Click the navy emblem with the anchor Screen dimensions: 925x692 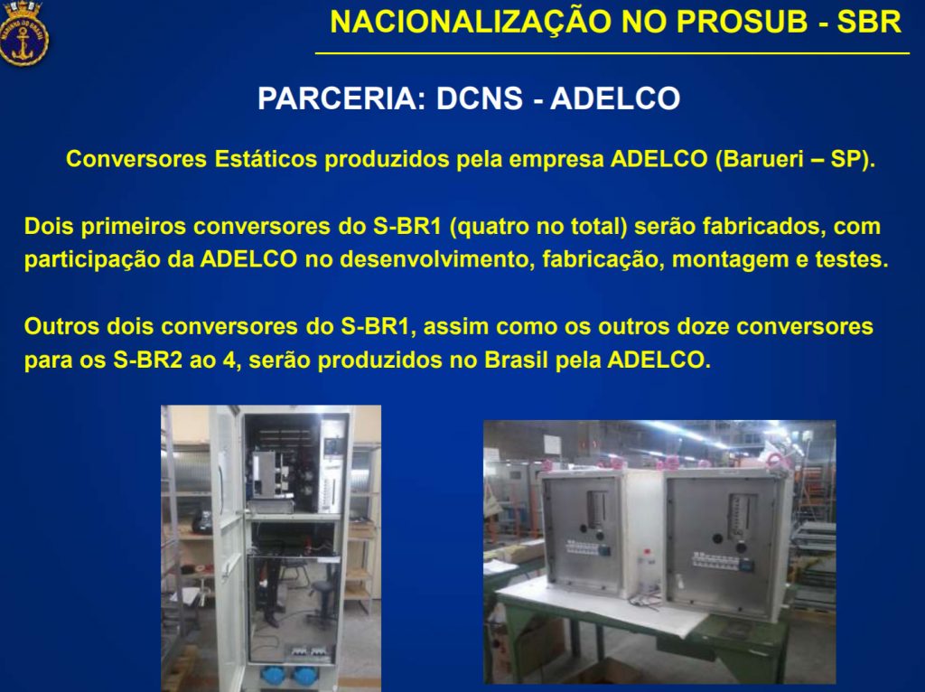23,33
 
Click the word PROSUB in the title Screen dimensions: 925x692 742,23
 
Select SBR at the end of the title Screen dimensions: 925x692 869,23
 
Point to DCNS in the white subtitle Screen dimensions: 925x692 479,98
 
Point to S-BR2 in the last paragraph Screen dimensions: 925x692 147,360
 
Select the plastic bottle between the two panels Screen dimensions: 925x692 647,571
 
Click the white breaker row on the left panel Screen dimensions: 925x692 583,547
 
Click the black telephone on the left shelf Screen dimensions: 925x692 202,523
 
